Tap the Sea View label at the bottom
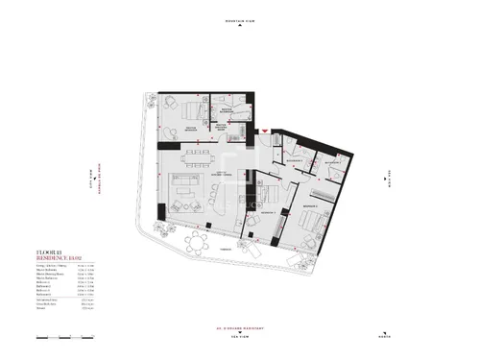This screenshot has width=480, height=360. point(239,337)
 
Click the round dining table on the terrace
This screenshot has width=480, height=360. point(198,240)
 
